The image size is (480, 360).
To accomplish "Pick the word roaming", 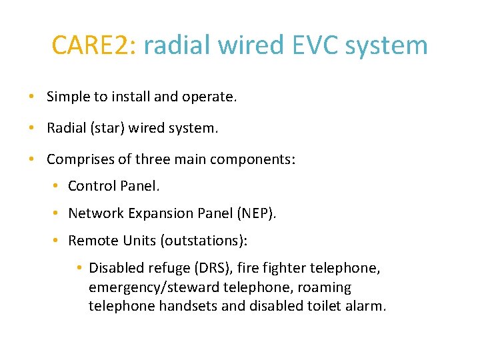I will tap(325, 287).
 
